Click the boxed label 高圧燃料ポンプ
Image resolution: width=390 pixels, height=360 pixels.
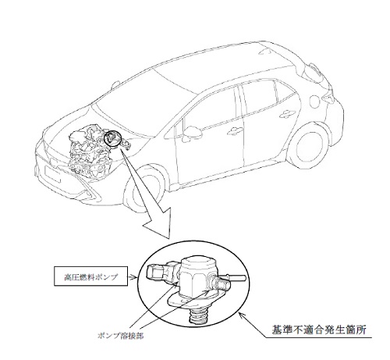click(90, 276)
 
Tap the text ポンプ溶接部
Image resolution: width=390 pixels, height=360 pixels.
click(120, 337)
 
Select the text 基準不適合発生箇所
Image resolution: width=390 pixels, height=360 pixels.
click(319, 330)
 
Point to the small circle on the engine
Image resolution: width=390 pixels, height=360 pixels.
click(112, 139)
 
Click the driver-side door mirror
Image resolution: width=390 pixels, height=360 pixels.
click(192, 131)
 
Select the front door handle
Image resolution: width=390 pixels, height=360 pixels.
click(234, 131)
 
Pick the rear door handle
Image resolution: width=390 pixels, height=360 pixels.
click(286, 113)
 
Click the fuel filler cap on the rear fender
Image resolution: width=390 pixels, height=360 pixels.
click(316, 101)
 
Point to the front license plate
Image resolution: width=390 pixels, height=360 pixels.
click(53, 173)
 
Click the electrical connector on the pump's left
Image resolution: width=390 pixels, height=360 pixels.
click(158, 273)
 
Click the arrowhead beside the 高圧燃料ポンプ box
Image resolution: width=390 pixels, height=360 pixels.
click(135, 277)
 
